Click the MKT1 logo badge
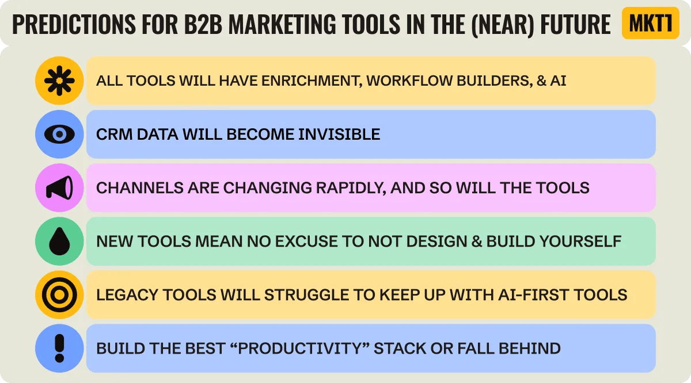coord(651,23)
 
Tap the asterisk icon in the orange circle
coord(59,81)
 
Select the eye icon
coord(59,135)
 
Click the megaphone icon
coord(59,187)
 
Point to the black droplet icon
coord(59,242)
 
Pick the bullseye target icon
coord(59,295)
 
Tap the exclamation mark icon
coord(59,348)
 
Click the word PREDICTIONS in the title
coord(74,24)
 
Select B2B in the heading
coord(203,24)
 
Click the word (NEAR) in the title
coord(503,25)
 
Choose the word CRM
coord(114,135)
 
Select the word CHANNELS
coord(140,188)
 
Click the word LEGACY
coord(127,295)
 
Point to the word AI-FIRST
coord(529,295)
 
